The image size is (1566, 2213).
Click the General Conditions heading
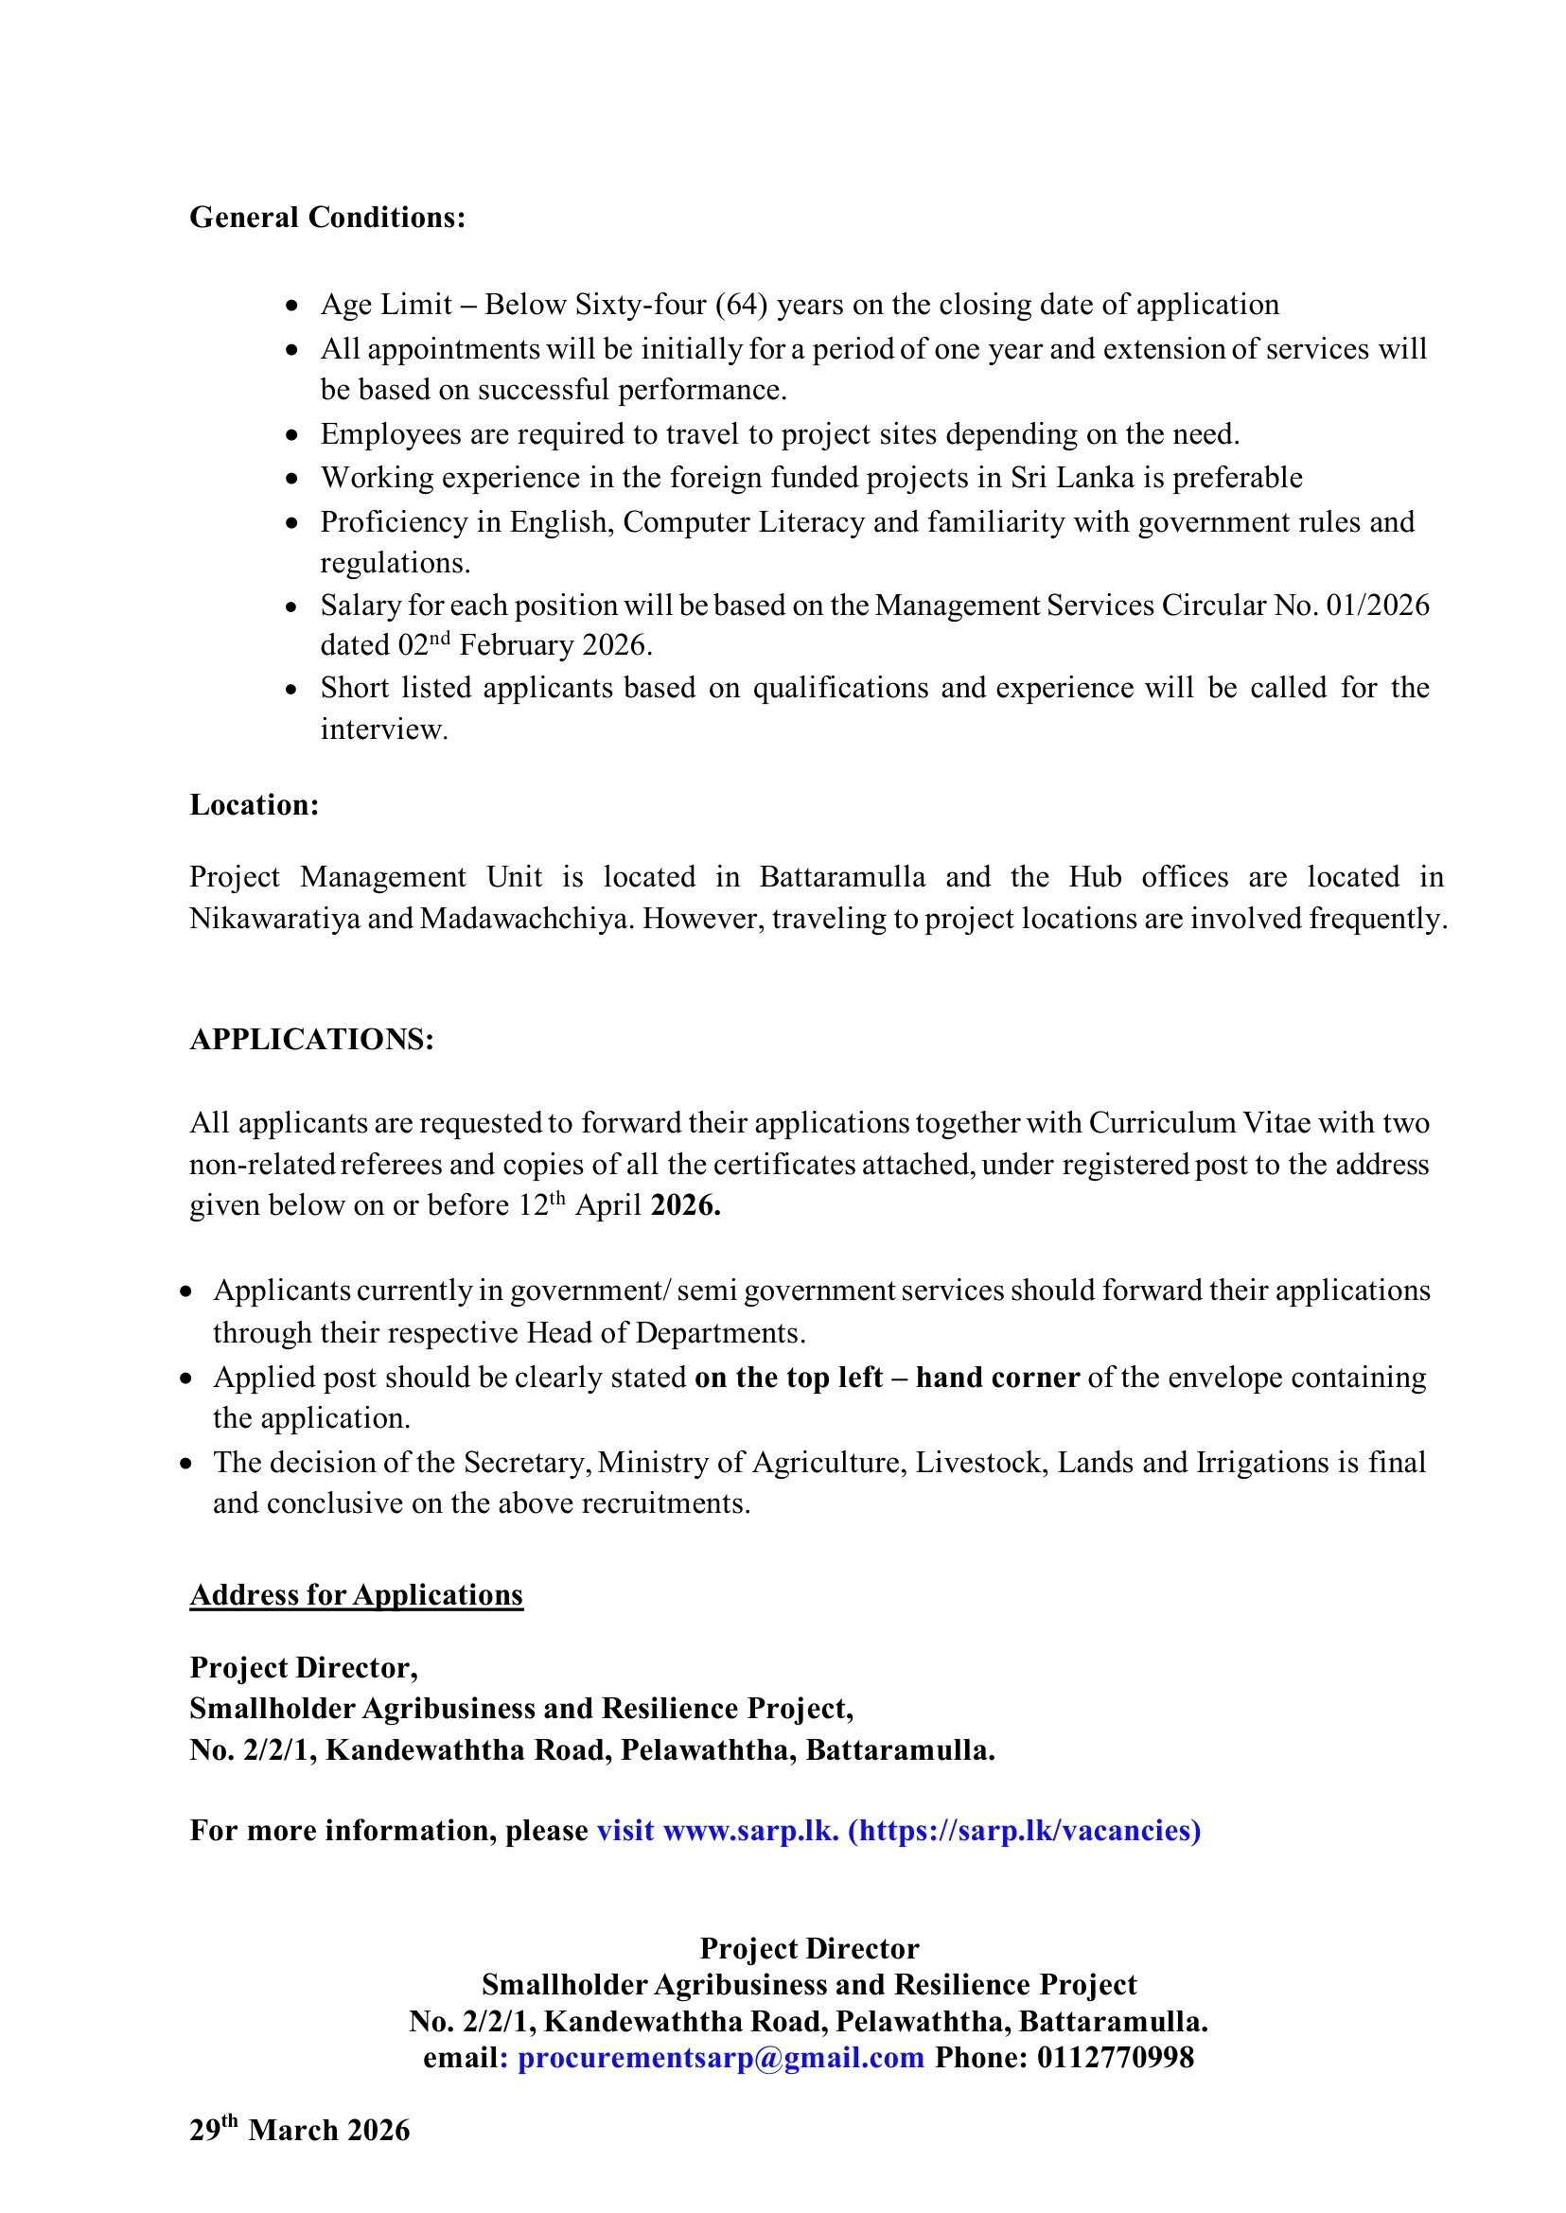pyautogui.click(x=326, y=217)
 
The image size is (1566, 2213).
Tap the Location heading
pyautogui.click(x=254, y=804)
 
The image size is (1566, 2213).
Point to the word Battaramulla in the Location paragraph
pyautogui.click(x=842, y=876)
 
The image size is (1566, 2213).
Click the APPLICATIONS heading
pyautogui.click(x=311, y=1039)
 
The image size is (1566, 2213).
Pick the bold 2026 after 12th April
pyautogui.click(x=686, y=1205)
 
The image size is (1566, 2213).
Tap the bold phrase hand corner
pyautogui.click(x=997, y=1377)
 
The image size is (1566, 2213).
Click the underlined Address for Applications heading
pyautogui.click(x=356, y=1595)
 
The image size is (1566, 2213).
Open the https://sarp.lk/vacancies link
pyautogui.click(x=1024, y=1830)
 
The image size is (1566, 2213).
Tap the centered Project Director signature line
pyautogui.click(x=809, y=1948)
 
